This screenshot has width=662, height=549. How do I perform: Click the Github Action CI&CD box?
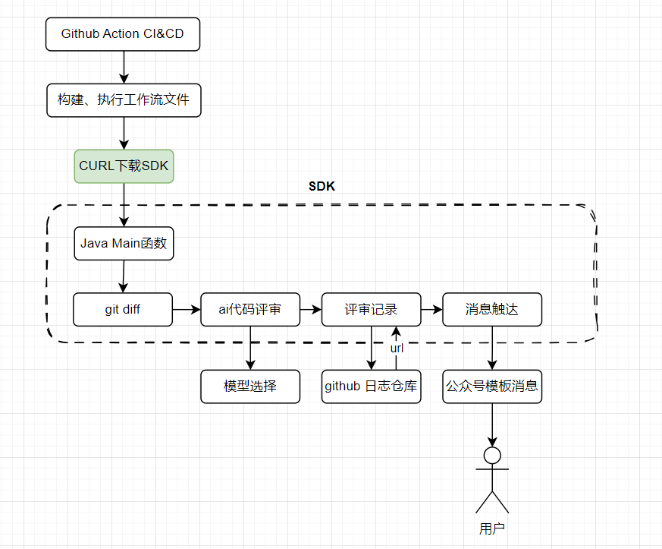coord(124,34)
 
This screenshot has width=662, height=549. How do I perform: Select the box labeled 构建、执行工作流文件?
coord(124,100)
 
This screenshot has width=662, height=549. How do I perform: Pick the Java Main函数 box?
coord(124,244)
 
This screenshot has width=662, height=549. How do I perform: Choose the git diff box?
coord(123,310)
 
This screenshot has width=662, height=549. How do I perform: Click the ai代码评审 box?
coord(250,310)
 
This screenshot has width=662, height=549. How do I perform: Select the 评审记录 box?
coord(371,310)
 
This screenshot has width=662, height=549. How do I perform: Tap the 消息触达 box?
coord(492,310)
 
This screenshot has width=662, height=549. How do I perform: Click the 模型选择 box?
coord(250,387)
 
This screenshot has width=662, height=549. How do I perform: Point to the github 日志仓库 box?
coord(371,387)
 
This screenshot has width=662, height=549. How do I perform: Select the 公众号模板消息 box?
coord(492,387)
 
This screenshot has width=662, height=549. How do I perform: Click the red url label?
coord(397,348)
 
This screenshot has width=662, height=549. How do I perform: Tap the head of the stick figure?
coord(493,456)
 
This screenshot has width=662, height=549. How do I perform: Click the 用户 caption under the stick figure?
coord(492,528)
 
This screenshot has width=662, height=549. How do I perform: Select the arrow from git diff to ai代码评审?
coord(187,310)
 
